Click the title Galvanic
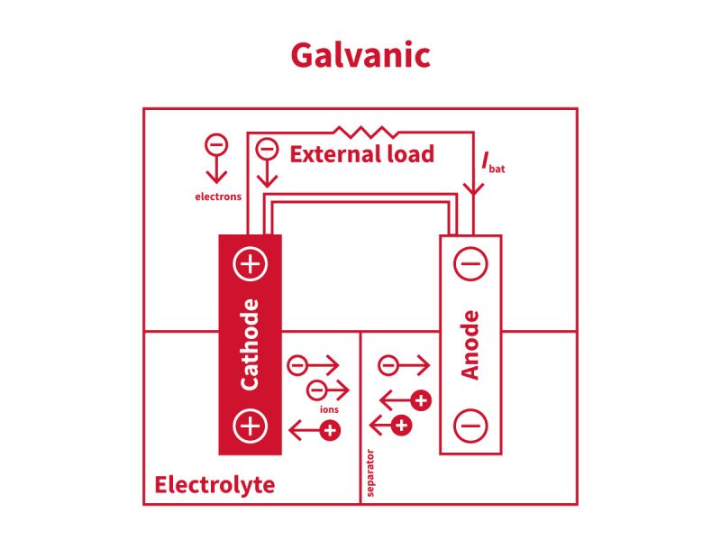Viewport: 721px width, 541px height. [x=360, y=56]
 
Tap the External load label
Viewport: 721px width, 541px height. [x=361, y=154]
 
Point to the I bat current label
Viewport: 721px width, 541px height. [x=492, y=163]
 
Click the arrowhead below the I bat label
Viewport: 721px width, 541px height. [x=474, y=188]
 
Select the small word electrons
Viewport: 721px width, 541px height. [x=218, y=196]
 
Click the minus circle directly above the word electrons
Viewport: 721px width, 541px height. [x=216, y=144]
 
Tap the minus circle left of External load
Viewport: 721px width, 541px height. [x=266, y=149]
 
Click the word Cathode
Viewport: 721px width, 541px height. [x=251, y=344]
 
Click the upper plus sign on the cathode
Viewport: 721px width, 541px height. [x=251, y=265]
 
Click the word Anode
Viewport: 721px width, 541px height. [x=470, y=344]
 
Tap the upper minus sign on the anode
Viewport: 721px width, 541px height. [x=470, y=265]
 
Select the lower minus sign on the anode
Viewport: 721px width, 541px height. [x=470, y=424]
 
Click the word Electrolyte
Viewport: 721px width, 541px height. [x=214, y=485]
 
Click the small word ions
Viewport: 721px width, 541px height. [x=329, y=409]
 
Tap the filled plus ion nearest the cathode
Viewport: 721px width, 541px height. [x=330, y=431]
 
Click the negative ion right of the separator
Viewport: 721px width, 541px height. [x=388, y=365]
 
